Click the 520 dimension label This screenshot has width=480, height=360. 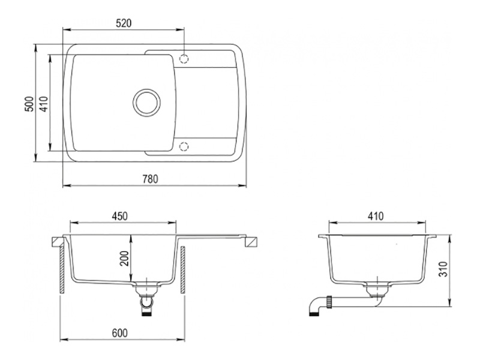click(x=124, y=23)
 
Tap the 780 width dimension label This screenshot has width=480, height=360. click(x=151, y=179)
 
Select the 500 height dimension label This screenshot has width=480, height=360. click(x=29, y=104)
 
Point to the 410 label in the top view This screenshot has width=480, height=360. click(x=44, y=104)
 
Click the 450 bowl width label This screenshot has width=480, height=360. click(x=119, y=216)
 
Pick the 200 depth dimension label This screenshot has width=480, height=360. click(x=125, y=259)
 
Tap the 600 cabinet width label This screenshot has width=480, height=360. click(x=119, y=333)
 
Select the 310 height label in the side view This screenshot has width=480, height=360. click(x=443, y=269)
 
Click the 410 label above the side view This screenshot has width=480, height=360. click(x=376, y=216)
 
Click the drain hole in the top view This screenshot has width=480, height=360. click(x=146, y=102)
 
